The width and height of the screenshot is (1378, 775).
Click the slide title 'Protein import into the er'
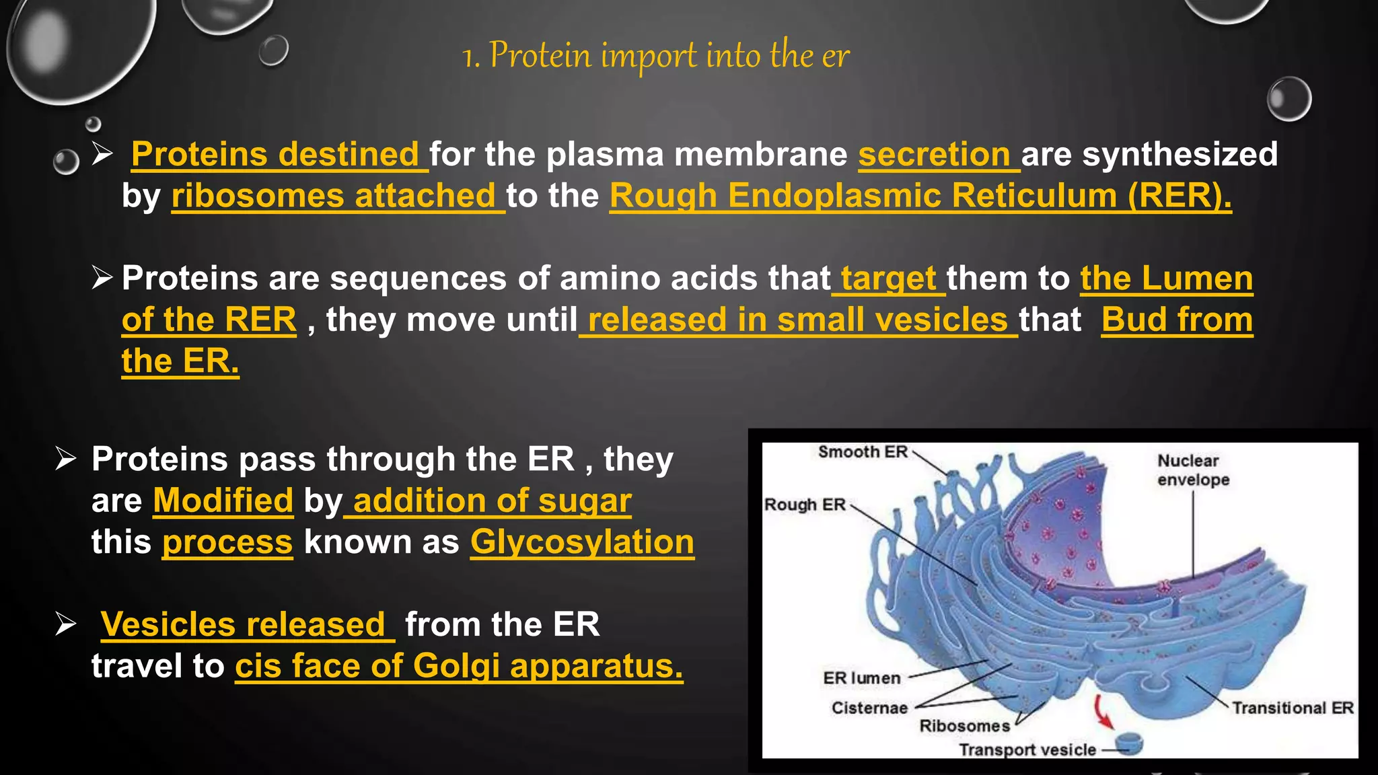coord(656,55)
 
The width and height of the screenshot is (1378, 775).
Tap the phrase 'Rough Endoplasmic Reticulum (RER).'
coord(920,196)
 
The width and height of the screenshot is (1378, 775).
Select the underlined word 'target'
coord(888,278)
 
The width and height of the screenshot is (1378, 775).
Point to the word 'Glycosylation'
coord(582,542)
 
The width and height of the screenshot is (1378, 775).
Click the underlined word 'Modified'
coord(223,501)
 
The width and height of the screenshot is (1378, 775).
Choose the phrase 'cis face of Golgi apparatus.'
coord(459,666)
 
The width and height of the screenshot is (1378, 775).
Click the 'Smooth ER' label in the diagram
coord(863,452)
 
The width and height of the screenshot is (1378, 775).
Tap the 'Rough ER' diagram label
coord(805,505)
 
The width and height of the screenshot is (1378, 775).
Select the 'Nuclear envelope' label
coord(1192,470)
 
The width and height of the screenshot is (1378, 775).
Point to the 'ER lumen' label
coord(861,678)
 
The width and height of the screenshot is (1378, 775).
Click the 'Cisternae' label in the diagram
coord(869,708)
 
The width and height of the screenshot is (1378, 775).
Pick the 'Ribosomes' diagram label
coord(964,726)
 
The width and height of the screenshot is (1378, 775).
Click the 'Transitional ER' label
coord(1292,708)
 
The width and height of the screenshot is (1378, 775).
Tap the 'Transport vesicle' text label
coord(1027,749)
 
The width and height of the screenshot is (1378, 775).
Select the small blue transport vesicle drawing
coord(1129,744)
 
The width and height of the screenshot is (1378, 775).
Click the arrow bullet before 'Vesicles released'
coord(66,624)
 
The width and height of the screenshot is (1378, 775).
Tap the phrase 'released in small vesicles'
coord(797,320)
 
